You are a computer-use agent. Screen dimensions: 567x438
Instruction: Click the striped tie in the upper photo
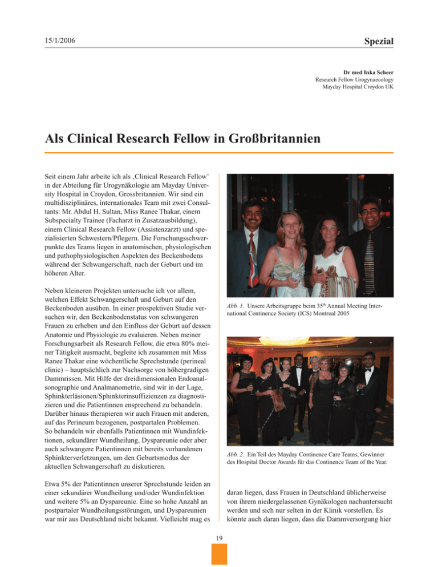pyautogui.click(x=369, y=251)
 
